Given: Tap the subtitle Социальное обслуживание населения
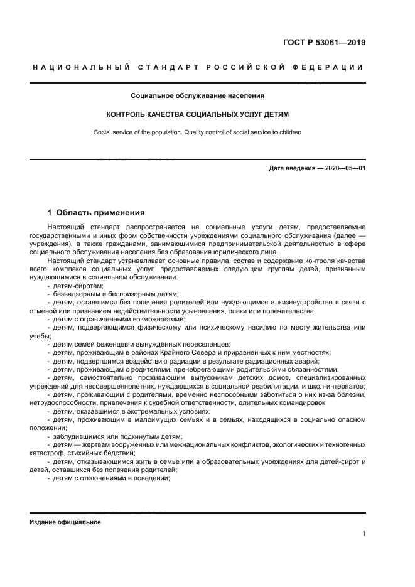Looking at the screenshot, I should point(197,96).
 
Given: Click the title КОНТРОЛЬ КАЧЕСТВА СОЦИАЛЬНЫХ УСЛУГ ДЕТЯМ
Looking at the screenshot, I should point(197,116).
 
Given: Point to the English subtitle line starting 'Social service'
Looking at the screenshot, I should point(197,132).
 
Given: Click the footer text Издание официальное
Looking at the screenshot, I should point(65,522).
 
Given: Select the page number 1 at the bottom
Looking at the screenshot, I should point(364,534).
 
